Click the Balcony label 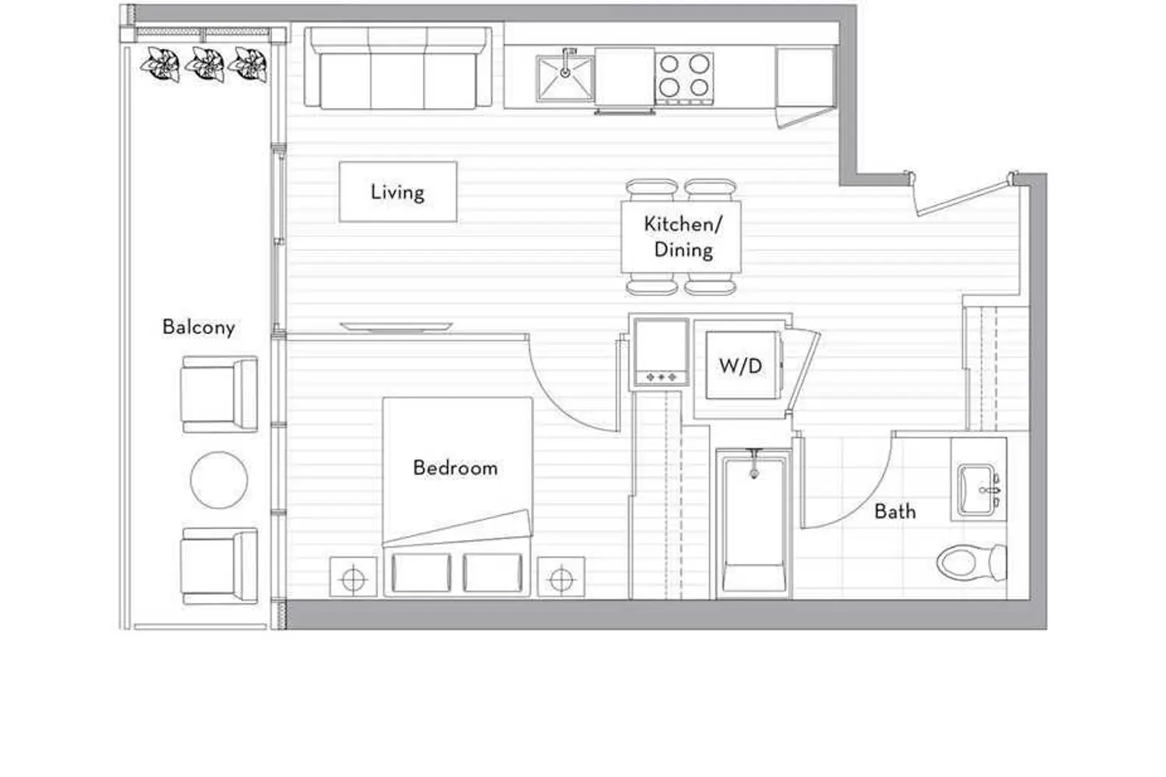coord(198,327)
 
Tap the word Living coord(397,192)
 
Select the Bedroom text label coord(456,468)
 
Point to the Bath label coord(895,511)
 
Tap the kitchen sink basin coord(565,78)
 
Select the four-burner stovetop coord(684,78)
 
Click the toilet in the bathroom coord(972,562)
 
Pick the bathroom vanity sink coord(978,490)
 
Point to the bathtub coord(754,524)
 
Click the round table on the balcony coord(219,480)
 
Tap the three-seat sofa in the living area coord(398,68)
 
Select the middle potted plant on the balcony coord(205,64)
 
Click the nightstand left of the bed coord(354,577)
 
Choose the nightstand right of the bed coord(561,577)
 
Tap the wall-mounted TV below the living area coord(396,326)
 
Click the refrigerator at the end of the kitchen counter coord(805,78)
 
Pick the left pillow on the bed coord(421,573)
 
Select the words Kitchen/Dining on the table coord(683,237)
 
